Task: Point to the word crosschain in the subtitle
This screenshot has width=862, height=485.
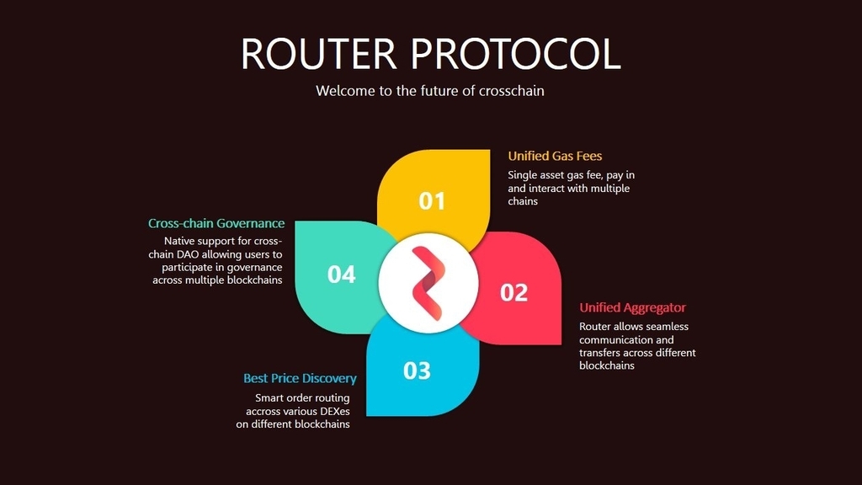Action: (511, 91)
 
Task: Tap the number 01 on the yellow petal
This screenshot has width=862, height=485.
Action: (432, 201)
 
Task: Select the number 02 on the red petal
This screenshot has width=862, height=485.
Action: (513, 292)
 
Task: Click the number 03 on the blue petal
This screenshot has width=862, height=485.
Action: (417, 370)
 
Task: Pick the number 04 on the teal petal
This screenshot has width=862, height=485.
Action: (342, 274)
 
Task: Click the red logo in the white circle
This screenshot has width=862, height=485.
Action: (428, 283)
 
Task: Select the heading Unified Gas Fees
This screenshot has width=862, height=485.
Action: (555, 156)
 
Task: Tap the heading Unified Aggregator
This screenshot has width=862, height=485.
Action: (632, 308)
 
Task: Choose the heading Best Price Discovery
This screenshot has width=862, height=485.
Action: (300, 378)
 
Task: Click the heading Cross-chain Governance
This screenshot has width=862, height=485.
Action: (216, 223)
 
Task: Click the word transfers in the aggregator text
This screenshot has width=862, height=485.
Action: (600, 353)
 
